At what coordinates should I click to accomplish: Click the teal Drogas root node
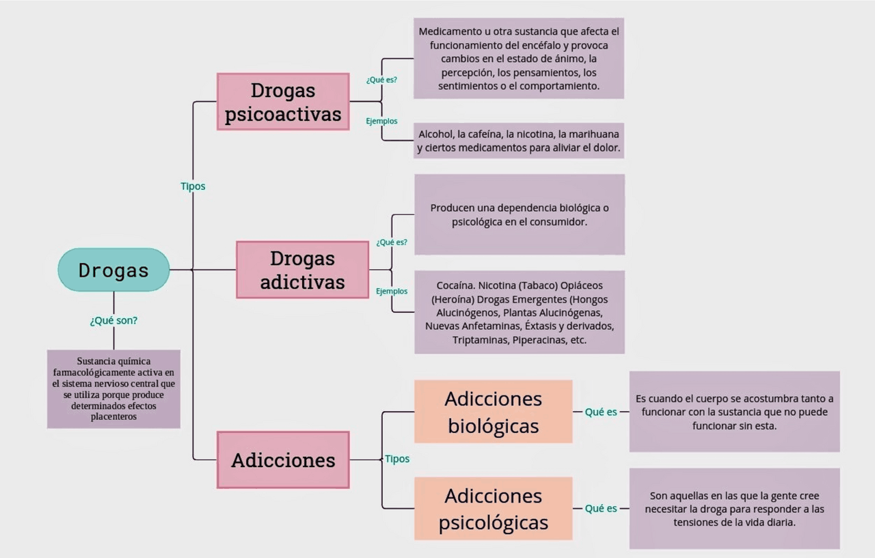(x=113, y=270)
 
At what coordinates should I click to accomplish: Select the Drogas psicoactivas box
(x=283, y=102)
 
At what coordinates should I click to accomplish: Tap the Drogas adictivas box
(x=302, y=270)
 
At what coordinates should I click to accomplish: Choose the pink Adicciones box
(x=283, y=460)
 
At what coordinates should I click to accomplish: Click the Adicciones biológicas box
(x=493, y=412)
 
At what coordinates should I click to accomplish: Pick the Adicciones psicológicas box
(x=493, y=509)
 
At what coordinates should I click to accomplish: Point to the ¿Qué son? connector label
(x=113, y=320)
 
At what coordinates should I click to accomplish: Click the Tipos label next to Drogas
(x=193, y=186)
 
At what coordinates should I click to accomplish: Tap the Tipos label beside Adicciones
(x=397, y=459)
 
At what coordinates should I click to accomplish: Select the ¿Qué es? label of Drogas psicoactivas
(x=381, y=79)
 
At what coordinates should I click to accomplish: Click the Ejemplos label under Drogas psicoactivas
(x=381, y=121)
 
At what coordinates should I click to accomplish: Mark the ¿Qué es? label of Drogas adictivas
(x=392, y=242)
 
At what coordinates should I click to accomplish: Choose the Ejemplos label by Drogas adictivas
(x=392, y=292)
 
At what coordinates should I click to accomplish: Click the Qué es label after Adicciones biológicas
(x=601, y=412)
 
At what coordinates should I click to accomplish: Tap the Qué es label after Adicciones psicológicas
(x=601, y=508)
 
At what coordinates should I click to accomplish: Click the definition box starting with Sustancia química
(x=113, y=389)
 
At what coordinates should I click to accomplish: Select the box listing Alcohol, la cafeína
(x=519, y=141)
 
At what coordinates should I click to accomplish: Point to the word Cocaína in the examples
(x=455, y=285)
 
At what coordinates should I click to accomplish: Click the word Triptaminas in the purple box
(x=481, y=339)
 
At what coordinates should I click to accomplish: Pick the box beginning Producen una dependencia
(x=519, y=214)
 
